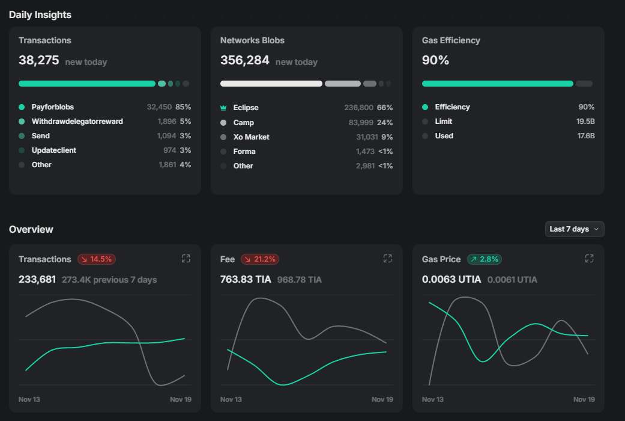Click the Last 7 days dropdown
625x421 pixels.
coord(574,229)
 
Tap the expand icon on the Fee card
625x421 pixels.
coord(387,259)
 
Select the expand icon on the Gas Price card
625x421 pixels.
coord(589,259)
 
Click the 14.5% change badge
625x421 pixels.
coord(97,259)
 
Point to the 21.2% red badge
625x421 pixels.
coord(260,259)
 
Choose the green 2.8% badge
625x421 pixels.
coord(484,259)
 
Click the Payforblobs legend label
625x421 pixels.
coord(53,107)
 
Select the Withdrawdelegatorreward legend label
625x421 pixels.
coord(77,121)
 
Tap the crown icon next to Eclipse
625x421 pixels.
coord(223,108)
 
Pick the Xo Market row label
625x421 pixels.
coord(251,137)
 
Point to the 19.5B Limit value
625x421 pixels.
coord(585,121)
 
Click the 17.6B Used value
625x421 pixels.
coord(585,136)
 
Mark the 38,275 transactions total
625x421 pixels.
coord(38,61)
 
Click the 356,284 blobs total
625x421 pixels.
coord(244,61)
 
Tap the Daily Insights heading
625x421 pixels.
coord(40,14)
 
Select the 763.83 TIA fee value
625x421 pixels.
coord(246,279)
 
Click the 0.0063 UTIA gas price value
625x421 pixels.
coord(451,279)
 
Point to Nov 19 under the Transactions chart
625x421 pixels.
coord(181,399)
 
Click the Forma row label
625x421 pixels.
coord(244,152)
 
